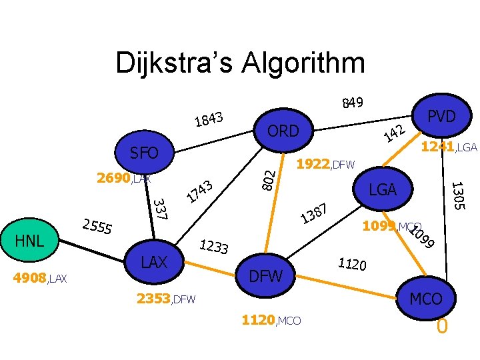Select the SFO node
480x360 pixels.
pos(144,153)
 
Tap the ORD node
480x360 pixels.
pos(283,131)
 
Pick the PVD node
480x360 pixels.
pos(441,116)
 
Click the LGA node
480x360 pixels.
pos(383,191)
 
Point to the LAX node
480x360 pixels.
pos(154,263)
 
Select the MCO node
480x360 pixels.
pos(426,299)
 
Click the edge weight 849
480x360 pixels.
pos(352,102)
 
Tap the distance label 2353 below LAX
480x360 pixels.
pos(153,299)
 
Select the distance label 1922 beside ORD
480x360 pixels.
pos(312,163)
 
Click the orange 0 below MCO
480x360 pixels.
pos(441,327)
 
